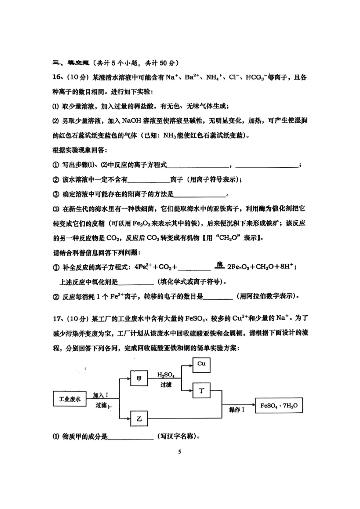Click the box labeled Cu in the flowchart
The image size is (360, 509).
coord(201,364)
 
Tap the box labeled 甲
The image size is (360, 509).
coord(139,379)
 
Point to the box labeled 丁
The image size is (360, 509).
coord(202,391)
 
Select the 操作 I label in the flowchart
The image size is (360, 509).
coord(237,410)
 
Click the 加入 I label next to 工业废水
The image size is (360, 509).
coord(101,395)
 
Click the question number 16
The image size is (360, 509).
coord(58,77)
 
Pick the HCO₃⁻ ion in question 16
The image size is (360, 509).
coord(260,77)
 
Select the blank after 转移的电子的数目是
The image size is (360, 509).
coord(219,296)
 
